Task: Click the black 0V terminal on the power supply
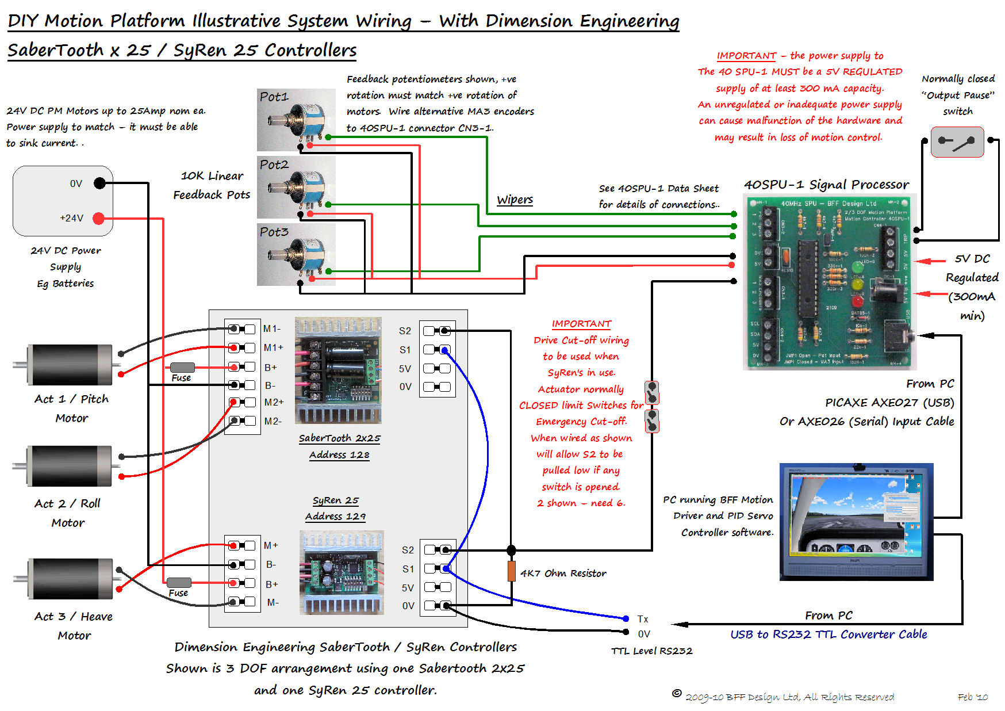pyautogui.click(x=99, y=184)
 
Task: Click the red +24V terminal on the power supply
pyautogui.click(x=99, y=218)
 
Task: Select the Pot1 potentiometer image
pyautogui.click(x=296, y=120)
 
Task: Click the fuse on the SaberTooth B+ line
pyautogui.click(x=182, y=367)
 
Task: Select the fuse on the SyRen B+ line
pyautogui.click(x=179, y=582)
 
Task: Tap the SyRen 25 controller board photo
pyautogui.click(x=342, y=572)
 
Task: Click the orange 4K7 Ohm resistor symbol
pyautogui.click(x=511, y=571)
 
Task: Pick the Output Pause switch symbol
pyautogui.click(x=957, y=142)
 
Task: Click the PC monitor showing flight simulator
pyautogui.click(x=856, y=521)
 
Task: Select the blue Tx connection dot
pyautogui.click(x=626, y=618)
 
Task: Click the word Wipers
pyautogui.click(x=515, y=200)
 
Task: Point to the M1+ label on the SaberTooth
pyautogui.click(x=273, y=347)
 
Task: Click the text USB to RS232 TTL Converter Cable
pyautogui.click(x=828, y=634)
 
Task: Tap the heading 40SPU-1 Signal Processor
pyautogui.click(x=826, y=185)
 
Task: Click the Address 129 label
pyautogui.click(x=335, y=517)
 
